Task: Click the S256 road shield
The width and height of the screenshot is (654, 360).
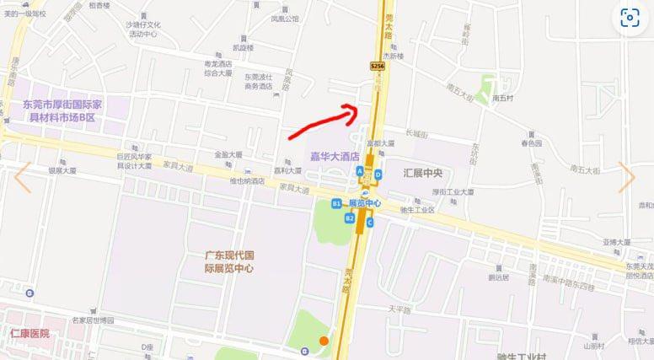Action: tap(377, 65)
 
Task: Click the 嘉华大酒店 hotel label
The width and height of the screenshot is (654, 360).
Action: tap(335, 156)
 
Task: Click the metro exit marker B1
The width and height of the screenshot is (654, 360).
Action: tap(335, 203)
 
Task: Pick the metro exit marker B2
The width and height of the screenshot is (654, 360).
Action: tap(350, 218)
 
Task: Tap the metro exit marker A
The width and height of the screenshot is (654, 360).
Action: tap(360, 170)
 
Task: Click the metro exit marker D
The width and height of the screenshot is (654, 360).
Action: tap(378, 175)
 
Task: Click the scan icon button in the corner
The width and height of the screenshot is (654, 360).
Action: tap(630, 19)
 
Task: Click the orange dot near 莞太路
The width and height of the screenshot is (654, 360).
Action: tap(323, 341)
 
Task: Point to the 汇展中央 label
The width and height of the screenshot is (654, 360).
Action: tap(423, 172)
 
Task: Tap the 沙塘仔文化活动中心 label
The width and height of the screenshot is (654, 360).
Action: tap(143, 30)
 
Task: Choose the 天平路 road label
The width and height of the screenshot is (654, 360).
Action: tap(398, 309)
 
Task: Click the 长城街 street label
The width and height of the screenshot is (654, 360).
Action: tap(416, 134)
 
